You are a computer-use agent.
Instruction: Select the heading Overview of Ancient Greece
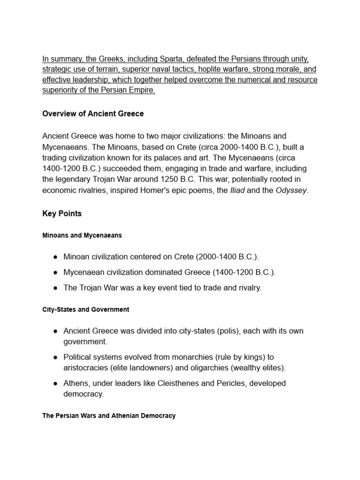93,114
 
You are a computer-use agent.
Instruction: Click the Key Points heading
62,214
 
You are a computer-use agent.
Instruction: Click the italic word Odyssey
291,190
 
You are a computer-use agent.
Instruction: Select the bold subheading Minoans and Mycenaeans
82,236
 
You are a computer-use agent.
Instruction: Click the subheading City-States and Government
86,310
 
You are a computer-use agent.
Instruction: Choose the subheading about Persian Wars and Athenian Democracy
109,416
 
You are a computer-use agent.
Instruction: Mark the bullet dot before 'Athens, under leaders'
55,383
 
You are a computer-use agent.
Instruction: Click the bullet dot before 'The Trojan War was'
55,288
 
